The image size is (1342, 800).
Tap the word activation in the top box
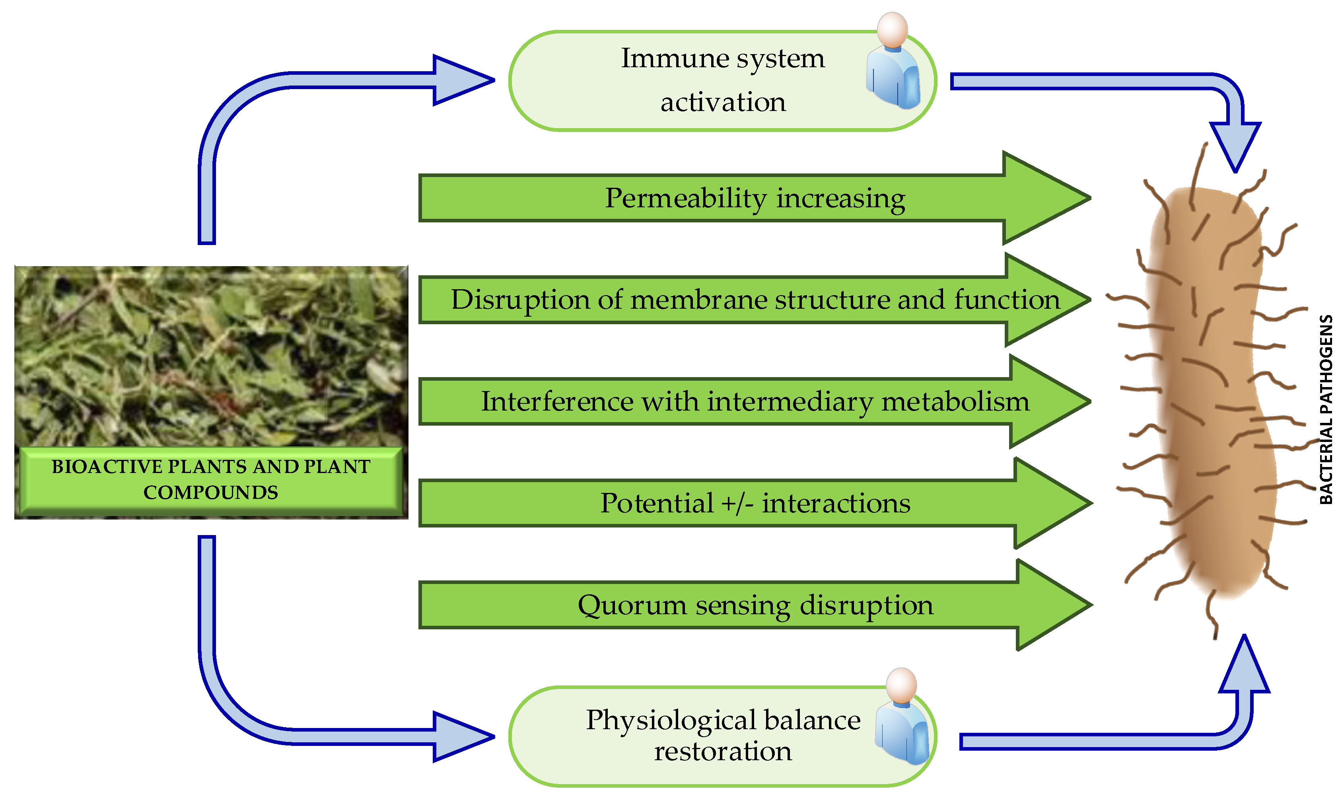[723, 102]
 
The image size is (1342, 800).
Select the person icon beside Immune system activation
[893, 62]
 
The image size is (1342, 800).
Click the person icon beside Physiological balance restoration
[902, 717]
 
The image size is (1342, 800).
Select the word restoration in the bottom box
[723, 751]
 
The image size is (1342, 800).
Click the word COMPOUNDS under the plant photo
[211, 492]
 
